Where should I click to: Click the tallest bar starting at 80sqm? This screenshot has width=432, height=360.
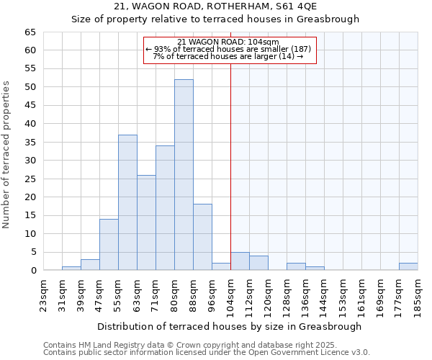tap(184, 175)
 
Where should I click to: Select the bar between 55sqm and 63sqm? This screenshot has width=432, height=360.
tap(127, 202)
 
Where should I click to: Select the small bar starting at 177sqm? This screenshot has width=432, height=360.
tap(408, 266)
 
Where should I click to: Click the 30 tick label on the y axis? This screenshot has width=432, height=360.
tap(30, 161)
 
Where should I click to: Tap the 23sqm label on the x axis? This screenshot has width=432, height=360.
tap(43, 294)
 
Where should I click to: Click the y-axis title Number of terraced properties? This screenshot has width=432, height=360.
tap(7, 155)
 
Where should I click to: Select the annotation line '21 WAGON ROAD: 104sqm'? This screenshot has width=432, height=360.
tap(228, 42)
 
